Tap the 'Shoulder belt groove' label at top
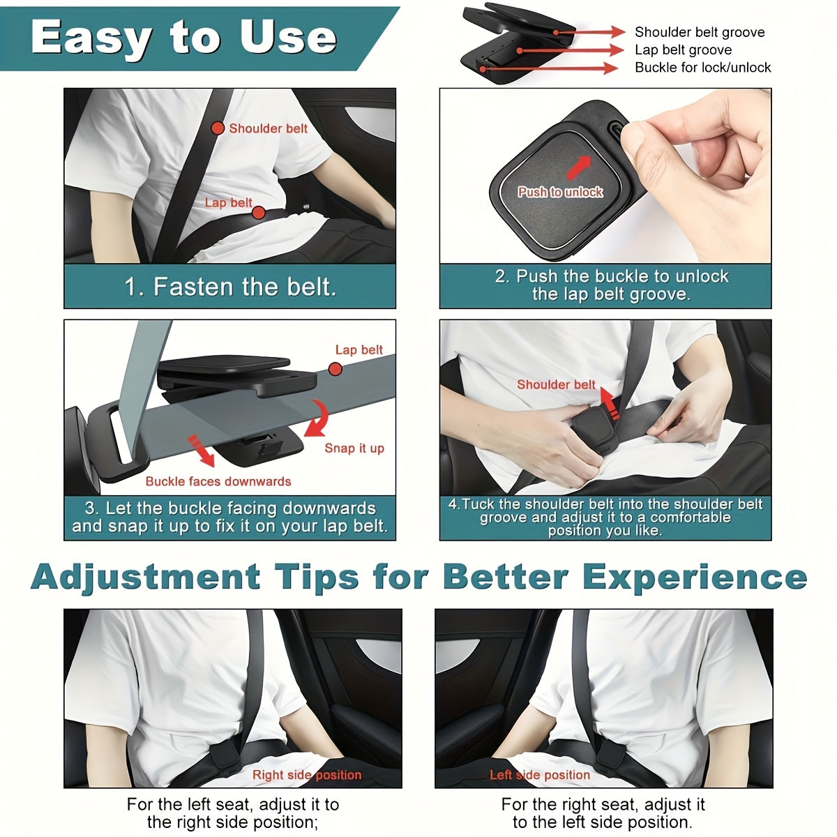699,32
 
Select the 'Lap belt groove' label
683,50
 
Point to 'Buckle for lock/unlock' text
702,68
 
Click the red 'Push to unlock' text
560,192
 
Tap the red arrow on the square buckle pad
577,167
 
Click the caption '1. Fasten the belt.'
230,287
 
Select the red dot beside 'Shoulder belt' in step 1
218,128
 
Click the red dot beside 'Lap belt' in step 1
258,213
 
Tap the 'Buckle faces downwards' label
218,481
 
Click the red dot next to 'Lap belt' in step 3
335,368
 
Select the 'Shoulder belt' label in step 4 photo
556,384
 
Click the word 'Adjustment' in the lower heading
145,578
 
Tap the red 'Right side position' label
307,775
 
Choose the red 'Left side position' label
539,775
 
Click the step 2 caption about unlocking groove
611,285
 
